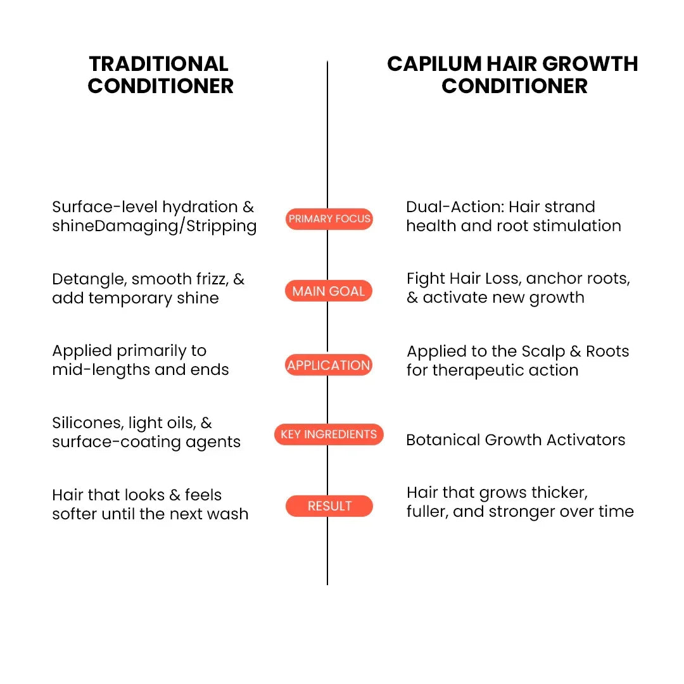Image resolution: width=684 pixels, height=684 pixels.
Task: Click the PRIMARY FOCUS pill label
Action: pos(329,219)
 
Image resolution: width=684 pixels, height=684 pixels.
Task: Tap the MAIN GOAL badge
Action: pos(329,291)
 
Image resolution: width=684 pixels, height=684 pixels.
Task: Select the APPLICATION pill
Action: pos(329,365)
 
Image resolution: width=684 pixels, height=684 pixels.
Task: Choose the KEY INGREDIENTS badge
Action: pos(329,434)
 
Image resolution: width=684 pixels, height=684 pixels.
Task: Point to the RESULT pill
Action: pos(329,506)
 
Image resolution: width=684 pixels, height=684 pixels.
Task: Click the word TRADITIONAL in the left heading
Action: pos(159,64)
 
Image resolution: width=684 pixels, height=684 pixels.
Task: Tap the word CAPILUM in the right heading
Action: pos(434,64)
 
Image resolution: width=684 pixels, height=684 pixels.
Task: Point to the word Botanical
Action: pos(443,440)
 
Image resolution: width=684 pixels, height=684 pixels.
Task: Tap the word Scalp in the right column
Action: pos(543,351)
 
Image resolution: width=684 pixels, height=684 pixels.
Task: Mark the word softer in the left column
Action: pos(75,514)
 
